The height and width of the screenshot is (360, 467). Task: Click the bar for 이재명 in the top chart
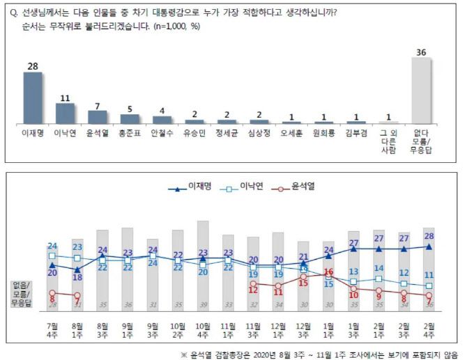33,97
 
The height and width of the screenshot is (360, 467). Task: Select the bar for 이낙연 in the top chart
65,113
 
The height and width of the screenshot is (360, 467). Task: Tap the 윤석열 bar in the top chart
98,116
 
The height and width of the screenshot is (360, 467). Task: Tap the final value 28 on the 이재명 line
429,237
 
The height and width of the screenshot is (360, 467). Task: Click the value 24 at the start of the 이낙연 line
52,246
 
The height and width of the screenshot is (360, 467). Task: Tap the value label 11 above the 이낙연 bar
65,97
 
